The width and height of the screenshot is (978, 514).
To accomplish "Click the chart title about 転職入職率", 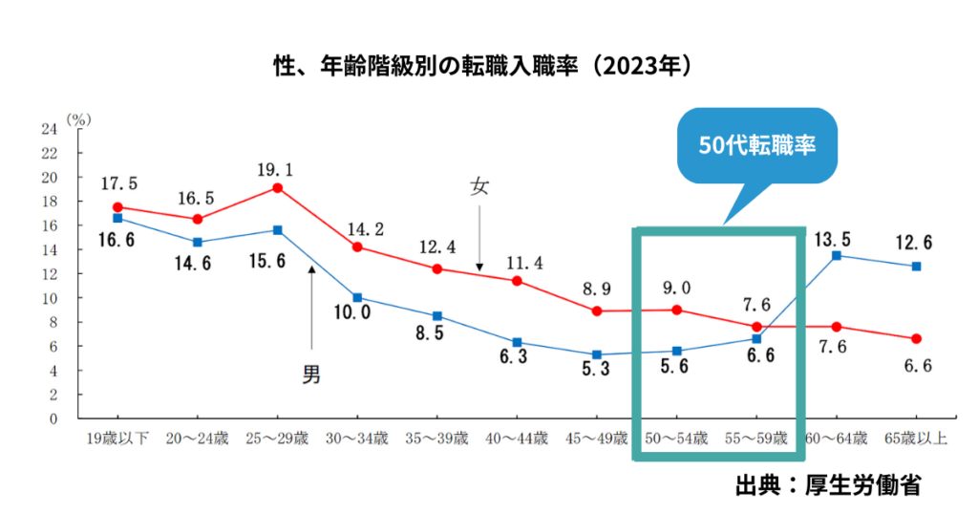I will click(488, 68).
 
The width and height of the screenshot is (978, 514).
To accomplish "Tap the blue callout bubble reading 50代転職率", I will click(756, 146).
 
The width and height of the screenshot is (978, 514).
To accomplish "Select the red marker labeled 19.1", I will click(277, 187).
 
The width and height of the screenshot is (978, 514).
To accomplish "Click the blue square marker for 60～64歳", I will click(837, 255).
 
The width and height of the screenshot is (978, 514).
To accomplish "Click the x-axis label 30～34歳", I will click(356, 439).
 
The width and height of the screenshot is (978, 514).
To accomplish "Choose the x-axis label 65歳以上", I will click(915, 439).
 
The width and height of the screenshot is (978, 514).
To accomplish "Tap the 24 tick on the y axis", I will click(50, 128).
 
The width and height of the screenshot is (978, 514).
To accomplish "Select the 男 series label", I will click(311, 374).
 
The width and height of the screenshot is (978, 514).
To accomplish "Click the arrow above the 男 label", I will click(311, 306).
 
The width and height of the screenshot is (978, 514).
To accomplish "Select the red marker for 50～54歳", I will click(676, 310).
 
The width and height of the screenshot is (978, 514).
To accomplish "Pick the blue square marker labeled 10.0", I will click(357, 297).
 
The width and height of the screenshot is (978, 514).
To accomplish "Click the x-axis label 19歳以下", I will click(117, 439).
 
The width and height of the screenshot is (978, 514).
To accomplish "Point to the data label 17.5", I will click(117, 183).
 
